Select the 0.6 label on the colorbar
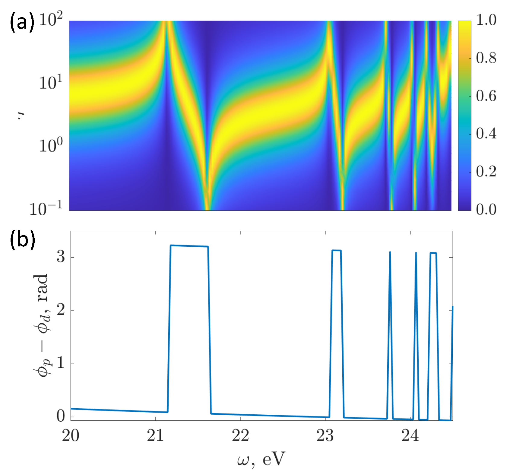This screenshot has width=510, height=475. (486, 96)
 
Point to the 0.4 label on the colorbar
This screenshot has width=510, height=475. (486, 134)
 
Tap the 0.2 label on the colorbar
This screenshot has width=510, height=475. (486, 172)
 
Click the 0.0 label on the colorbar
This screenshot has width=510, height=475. (486, 209)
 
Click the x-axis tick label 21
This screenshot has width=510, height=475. (155, 435)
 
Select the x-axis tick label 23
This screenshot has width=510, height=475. (325, 435)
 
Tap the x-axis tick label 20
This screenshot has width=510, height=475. (71, 435)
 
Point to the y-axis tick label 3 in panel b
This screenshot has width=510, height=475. (61, 257)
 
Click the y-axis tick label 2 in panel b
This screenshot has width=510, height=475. (61, 310)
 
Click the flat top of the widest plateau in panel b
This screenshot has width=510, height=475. (189, 246)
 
